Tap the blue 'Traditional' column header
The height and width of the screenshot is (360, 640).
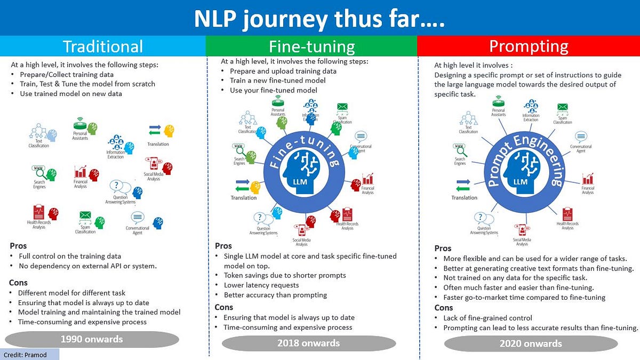[x=103, y=46]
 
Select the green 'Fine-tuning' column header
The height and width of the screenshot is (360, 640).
[x=312, y=46]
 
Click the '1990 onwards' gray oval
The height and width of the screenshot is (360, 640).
[x=92, y=339]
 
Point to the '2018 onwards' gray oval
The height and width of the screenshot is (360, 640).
[x=308, y=343]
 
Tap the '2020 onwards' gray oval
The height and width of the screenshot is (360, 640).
[x=530, y=343]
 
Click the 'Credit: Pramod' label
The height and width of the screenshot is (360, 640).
[x=25, y=355]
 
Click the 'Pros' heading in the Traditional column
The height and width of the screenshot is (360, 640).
[x=18, y=246]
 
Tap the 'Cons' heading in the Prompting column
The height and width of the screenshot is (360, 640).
[x=443, y=308]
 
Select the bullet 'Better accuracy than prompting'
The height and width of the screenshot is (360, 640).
[x=275, y=295]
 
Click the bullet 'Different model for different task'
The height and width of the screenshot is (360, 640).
[x=71, y=293]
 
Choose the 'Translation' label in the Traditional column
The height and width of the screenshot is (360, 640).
[x=158, y=144]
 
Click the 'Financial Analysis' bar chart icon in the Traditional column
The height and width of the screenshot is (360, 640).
[x=81, y=172]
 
